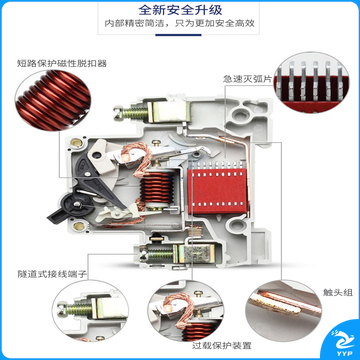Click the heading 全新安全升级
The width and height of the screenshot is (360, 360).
click(x=180, y=10)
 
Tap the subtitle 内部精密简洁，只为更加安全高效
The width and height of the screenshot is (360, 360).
click(x=180, y=23)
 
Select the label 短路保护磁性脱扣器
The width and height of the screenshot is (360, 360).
click(x=62, y=63)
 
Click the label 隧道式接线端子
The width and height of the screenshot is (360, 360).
click(x=52, y=274)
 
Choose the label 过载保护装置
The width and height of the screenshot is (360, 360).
click(x=221, y=346)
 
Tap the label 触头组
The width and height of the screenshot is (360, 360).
click(x=338, y=293)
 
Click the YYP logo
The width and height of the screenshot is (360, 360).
click(x=342, y=343)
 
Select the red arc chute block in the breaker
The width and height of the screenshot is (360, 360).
click(x=217, y=191)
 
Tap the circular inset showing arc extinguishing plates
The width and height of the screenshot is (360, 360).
click(x=311, y=82)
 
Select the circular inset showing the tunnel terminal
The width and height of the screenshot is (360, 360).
click(x=90, y=311)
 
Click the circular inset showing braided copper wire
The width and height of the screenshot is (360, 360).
click(x=186, y=311)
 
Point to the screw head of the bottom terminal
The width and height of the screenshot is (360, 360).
click(x=144, y=255)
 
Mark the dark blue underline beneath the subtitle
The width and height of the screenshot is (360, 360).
click(x=179, y=35)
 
